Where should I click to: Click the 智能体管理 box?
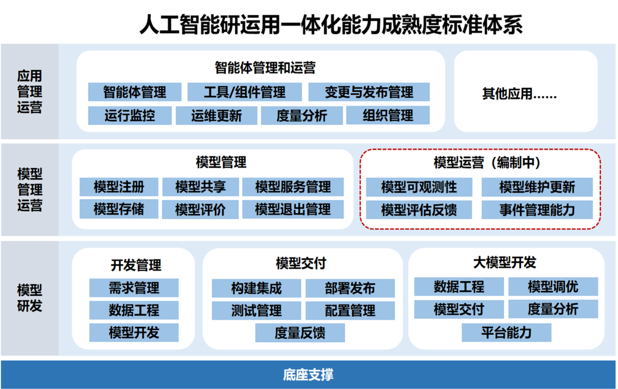[x=134, y=92]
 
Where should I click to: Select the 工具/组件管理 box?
[x=245, y=92]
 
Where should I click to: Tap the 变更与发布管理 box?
[x=369, y=92]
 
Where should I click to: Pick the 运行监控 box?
[x=130, y=116]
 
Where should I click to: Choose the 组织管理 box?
[x=388, y=116]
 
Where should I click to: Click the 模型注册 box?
[x=119, y=187]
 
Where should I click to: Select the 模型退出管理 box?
[x=293, y=209]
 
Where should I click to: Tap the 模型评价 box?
[x=200, y=210]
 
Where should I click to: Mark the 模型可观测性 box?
[x=419, y=187]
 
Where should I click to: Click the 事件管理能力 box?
[x=537, y=210]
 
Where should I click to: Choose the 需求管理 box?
[x=134, y=288]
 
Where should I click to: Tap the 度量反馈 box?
[x=300, y=333]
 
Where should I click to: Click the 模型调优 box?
[x=553, y=287]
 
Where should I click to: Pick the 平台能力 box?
[x=506, y=332]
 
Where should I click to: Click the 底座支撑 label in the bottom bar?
[x=308, y=374]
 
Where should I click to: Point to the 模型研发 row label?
[x=30, y=298]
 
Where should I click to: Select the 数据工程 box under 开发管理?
[x=134, y=310]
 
